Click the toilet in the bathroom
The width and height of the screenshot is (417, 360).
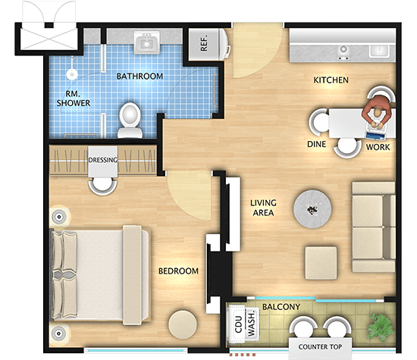tap(130, 121)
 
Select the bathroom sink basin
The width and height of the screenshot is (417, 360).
tap(147, 42)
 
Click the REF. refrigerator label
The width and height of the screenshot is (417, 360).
tap(204, 43)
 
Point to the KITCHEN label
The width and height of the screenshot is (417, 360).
tap(331, 80)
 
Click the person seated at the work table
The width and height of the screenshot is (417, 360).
tap(377, 112)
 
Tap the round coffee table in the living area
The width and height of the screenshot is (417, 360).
tap(312, 208)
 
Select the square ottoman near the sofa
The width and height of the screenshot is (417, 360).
tap(321, 263)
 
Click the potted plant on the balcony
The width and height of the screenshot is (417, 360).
tap(381, 327)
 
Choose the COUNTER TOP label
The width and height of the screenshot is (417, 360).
tap(320, 346)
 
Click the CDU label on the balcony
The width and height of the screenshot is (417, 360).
tap(238, 324)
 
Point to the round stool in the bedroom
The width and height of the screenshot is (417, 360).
tap(183, 324)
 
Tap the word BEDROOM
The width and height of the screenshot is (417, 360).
tap(178, 271)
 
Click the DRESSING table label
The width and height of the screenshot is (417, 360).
tap(103, 160)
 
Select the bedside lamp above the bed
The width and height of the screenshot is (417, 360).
tap(59, 217)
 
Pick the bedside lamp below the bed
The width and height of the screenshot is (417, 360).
tap(59, 333)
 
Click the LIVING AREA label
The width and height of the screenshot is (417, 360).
tap(263, 208)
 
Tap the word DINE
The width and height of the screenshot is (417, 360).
tap(316, 144)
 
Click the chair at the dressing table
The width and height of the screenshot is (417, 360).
tap(102, 186)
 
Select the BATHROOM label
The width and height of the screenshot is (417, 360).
tap(140, 77)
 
